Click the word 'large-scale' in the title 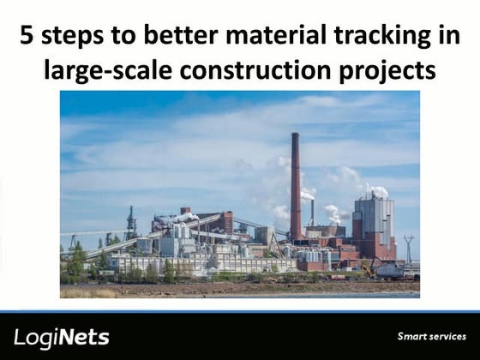(x=104, y=69)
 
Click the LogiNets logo (x=62, y=337)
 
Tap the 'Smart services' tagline (x=431, y=336)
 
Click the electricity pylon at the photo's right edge (x=409, y=248)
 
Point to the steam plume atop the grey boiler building (x=377, y=191)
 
